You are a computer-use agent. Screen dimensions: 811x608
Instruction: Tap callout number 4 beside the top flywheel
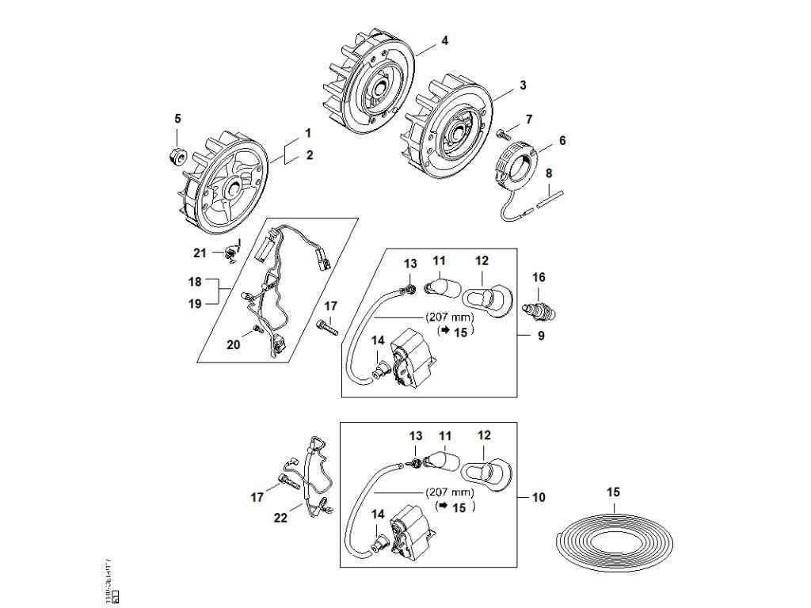click(x=444, y=40)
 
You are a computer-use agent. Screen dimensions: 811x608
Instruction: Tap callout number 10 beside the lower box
click(x=539, y=498)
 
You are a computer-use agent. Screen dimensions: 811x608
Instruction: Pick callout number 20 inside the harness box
click(x=232, y=344)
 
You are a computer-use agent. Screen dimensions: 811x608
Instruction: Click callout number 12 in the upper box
click(x=482, y=260)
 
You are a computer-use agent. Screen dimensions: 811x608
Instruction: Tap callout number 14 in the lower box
click(x=377, y=513)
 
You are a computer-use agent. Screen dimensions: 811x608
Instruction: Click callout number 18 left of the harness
click(x=195, y=281)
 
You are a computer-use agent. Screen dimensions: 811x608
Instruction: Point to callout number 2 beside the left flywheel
click(x=310, y=155)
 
